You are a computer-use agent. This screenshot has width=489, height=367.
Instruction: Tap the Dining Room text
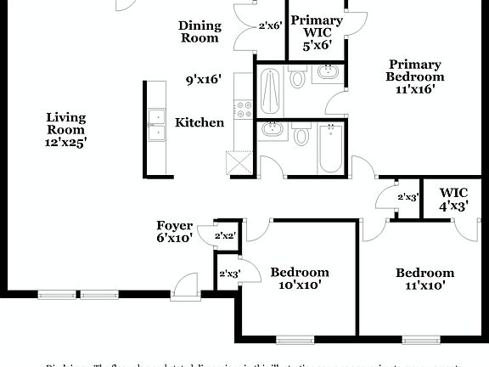199,31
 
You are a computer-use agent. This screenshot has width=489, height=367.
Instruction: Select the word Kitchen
200,122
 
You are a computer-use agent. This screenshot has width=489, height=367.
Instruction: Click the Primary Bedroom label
416,76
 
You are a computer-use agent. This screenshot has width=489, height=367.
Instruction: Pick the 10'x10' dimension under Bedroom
300,285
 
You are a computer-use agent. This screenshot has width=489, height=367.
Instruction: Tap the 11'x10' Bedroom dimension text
424,286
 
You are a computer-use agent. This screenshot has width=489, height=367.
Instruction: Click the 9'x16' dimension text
204,80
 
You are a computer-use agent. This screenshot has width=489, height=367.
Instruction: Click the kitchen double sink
155,124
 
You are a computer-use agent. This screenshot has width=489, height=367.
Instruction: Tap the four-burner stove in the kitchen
244,109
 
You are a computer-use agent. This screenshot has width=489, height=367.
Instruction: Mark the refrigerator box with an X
239,161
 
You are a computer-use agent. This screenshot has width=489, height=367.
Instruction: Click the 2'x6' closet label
270,26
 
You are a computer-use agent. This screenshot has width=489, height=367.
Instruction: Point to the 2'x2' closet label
225,235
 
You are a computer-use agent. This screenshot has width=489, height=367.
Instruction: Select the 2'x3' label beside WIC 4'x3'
407,197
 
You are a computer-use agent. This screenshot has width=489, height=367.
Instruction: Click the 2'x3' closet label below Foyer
229,274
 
